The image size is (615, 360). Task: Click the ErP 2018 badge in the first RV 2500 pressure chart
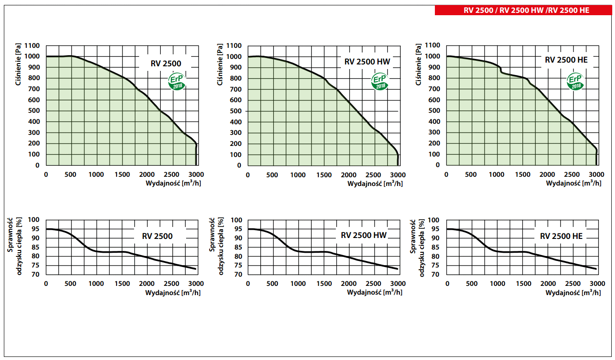(177, 81)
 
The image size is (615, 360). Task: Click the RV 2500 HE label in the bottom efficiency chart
(561, 236)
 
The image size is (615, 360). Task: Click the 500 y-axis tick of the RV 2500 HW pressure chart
(234, 111)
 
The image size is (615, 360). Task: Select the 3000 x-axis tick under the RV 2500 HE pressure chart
(597, 174)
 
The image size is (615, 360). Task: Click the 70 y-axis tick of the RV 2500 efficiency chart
(36, 274)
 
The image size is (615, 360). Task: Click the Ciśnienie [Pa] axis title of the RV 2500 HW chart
(220, 64)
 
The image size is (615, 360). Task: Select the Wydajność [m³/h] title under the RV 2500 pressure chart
(173, 184)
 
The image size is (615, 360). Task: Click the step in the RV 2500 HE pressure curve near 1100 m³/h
(501, 70)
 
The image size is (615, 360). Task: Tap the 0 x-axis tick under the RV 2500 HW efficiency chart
(248, 284)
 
